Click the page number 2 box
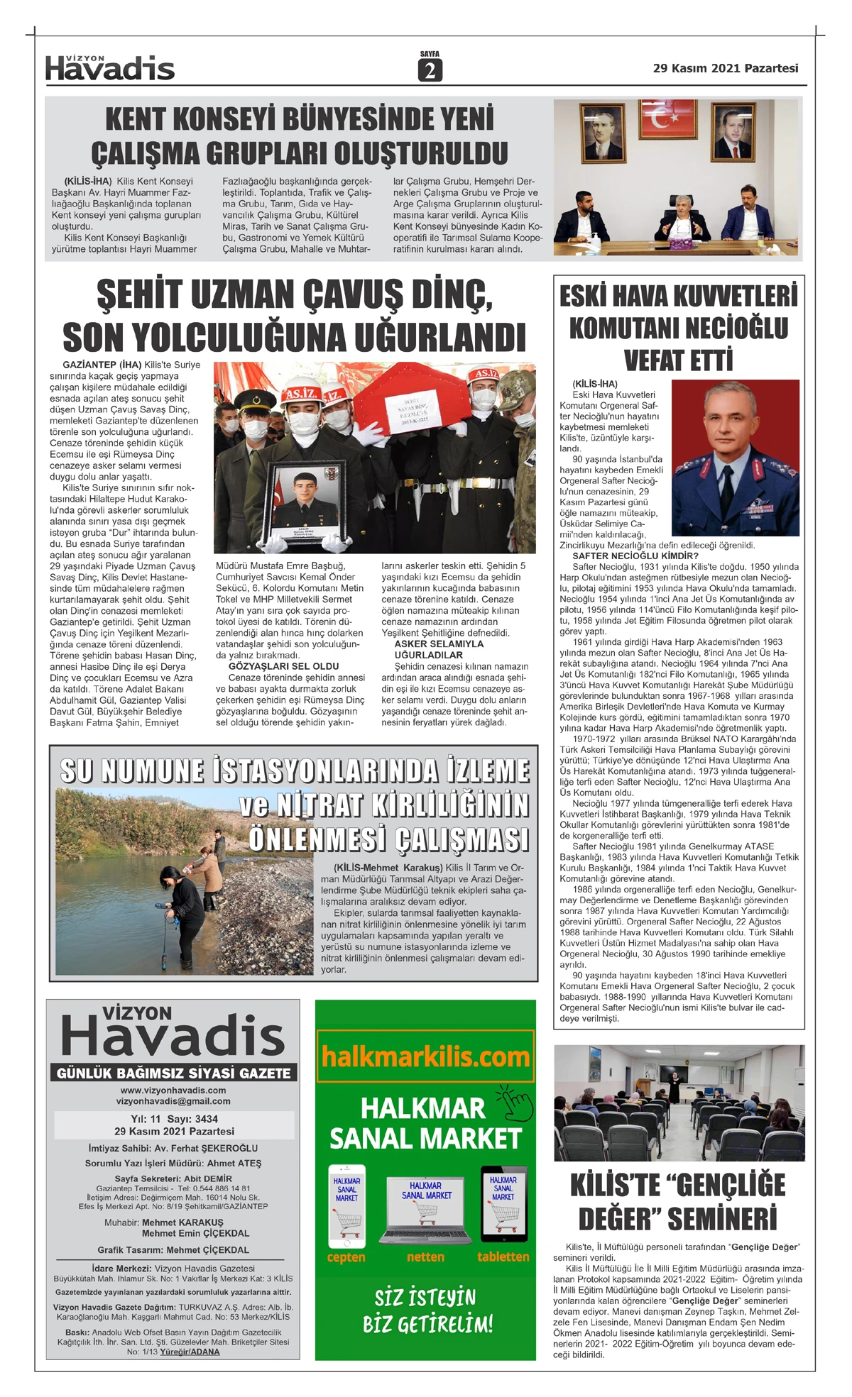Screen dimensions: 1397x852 point(430,70)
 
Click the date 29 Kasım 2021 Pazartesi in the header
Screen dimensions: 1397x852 point(725,68)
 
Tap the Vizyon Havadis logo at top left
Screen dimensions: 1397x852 point(109,68)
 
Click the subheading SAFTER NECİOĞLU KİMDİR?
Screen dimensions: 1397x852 point(635,556)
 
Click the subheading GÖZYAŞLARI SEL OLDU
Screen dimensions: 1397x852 point(283,666)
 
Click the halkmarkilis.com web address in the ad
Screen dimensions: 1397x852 point(425,1056)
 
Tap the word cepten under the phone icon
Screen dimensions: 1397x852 point(346,1257)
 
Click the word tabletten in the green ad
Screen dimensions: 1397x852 point(503,1257)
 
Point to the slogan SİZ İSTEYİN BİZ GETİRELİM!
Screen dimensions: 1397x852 point(427,1311)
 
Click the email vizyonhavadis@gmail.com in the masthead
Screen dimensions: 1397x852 point(173,1101)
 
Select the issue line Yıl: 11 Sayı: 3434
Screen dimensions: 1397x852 point(174,1119)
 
